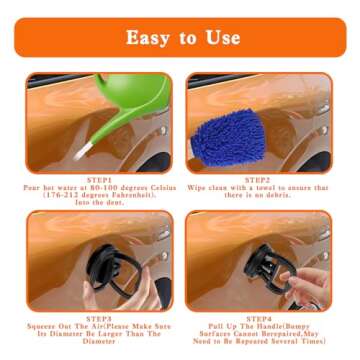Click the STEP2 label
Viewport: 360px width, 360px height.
coord(262,181)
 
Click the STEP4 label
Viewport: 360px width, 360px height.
coord(262,318)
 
